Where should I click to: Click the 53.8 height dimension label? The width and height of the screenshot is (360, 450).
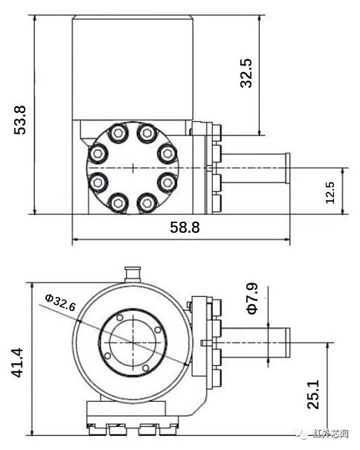coord(20,119)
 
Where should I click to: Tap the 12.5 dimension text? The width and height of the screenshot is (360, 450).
coord(330,192)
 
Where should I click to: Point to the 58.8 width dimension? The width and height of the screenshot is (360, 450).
coord(184,228)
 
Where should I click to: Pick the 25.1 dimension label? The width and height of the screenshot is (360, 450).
coord(314,393)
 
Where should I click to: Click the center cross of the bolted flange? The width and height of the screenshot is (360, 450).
coord(132,168)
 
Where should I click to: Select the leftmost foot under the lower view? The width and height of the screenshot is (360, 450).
coord(96,428)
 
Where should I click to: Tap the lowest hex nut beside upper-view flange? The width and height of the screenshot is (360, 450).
coord(216,202)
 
